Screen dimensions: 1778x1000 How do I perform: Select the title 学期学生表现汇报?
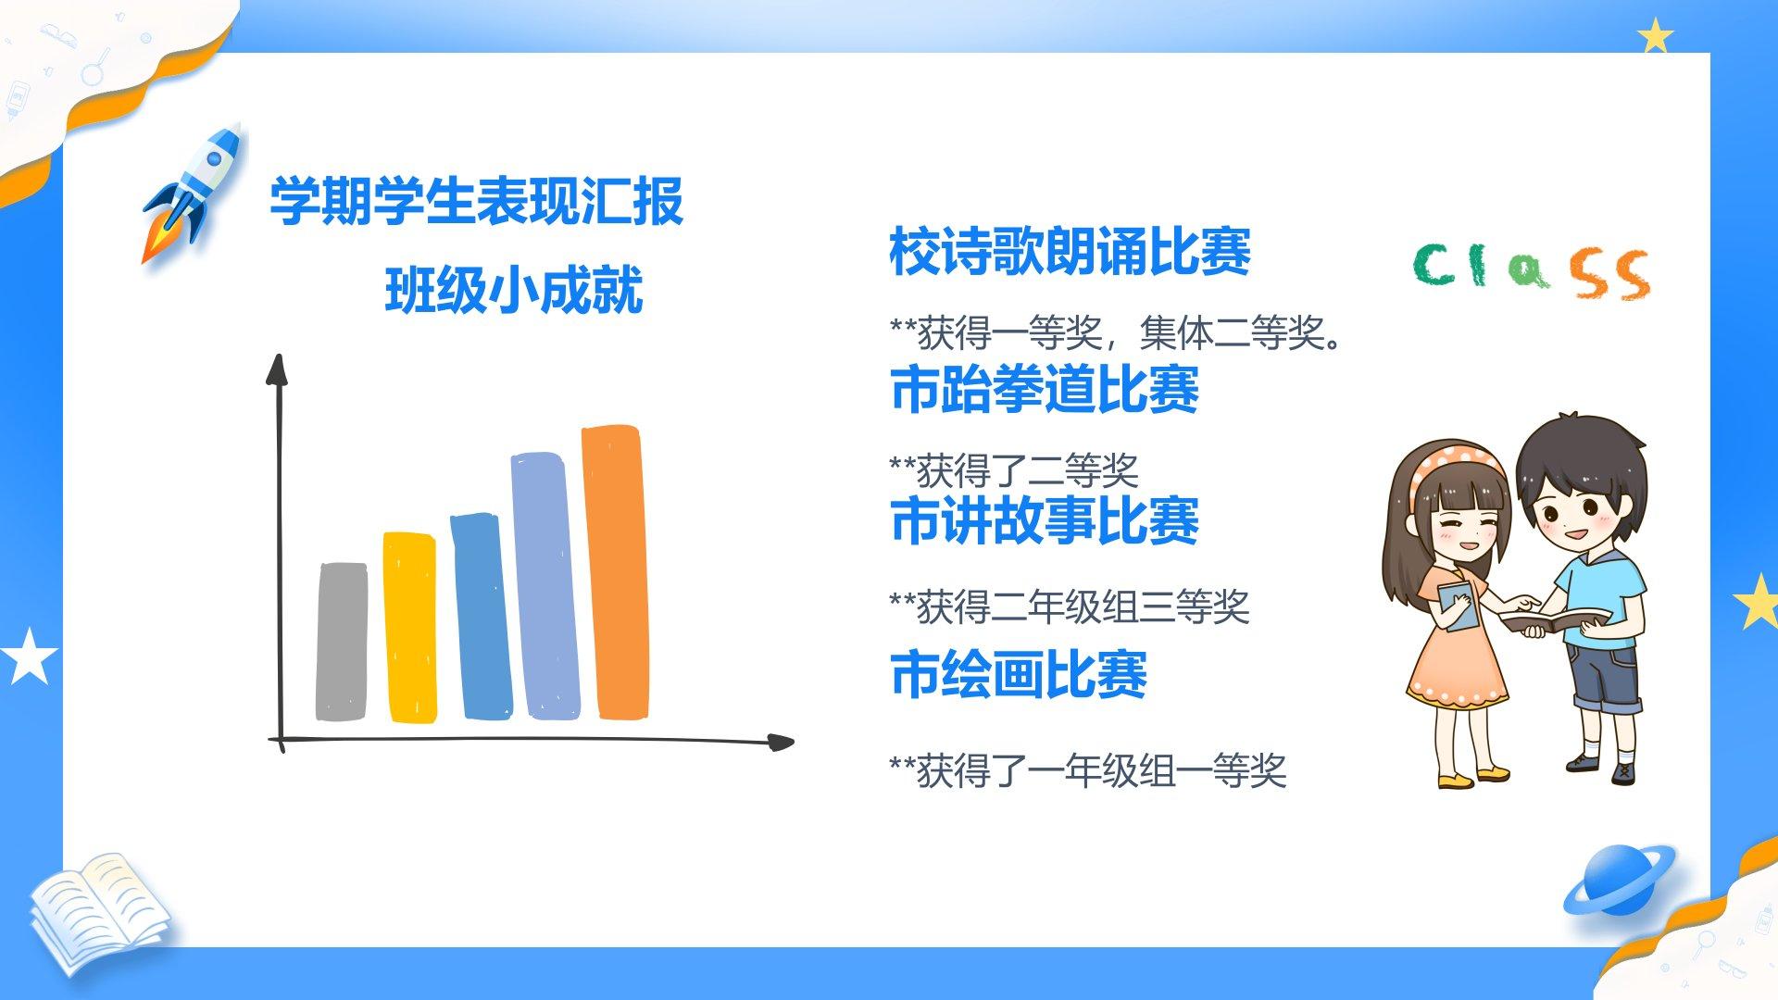[x=477, y=201]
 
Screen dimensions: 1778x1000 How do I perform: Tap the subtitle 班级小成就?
[x=514, y=290]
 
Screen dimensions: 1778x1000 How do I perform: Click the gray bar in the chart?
[x=342, y=641]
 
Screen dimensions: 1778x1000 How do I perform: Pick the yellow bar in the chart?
[x=410, y=627]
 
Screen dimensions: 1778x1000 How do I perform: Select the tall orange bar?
[x=615, y=571]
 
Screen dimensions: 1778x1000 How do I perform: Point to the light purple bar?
[x=545, y=585]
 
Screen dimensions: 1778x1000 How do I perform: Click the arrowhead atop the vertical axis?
[x=277, y=369]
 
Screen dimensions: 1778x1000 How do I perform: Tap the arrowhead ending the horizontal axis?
[x=780, y=742]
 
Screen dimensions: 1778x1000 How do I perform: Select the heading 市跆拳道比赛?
[x=1045, y=389]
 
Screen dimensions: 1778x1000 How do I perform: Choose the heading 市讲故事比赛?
[x=1045, y=520]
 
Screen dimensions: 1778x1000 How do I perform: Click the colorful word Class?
[x=1532, y=270]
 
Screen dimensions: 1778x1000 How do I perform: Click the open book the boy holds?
[x=1555, y=619]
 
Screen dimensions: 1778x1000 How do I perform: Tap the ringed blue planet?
[x=1619, y=880]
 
